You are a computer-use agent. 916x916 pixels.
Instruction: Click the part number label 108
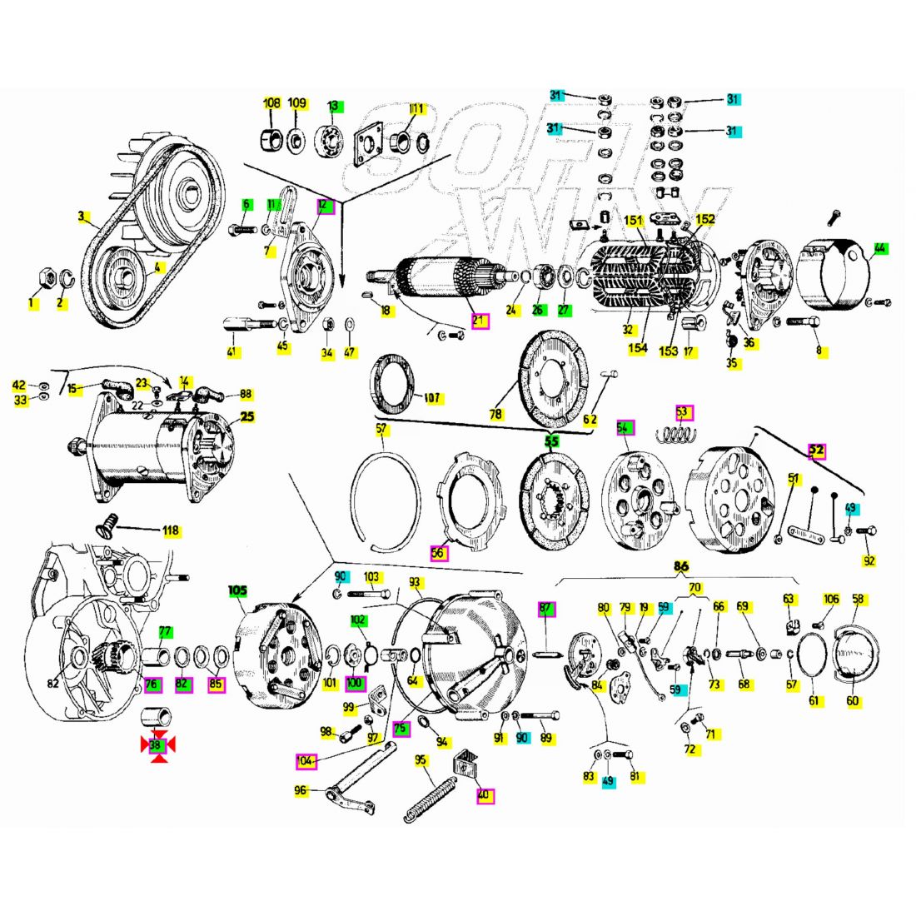271,104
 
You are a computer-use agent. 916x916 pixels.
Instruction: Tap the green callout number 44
880,247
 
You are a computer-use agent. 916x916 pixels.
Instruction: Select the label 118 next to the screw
171,530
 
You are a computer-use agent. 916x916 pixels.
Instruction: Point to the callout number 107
431,398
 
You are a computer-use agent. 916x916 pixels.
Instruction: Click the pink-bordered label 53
683,411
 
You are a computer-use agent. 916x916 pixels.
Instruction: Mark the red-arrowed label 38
157,746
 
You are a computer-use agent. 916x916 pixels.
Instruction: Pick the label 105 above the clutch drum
238,590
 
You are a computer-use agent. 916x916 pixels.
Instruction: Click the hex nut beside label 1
47,276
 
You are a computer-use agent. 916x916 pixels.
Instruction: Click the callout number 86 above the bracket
681,566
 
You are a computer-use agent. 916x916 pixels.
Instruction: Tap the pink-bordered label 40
484,794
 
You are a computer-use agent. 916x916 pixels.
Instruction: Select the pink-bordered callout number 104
306,760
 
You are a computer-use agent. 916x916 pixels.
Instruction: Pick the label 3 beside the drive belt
82,217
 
